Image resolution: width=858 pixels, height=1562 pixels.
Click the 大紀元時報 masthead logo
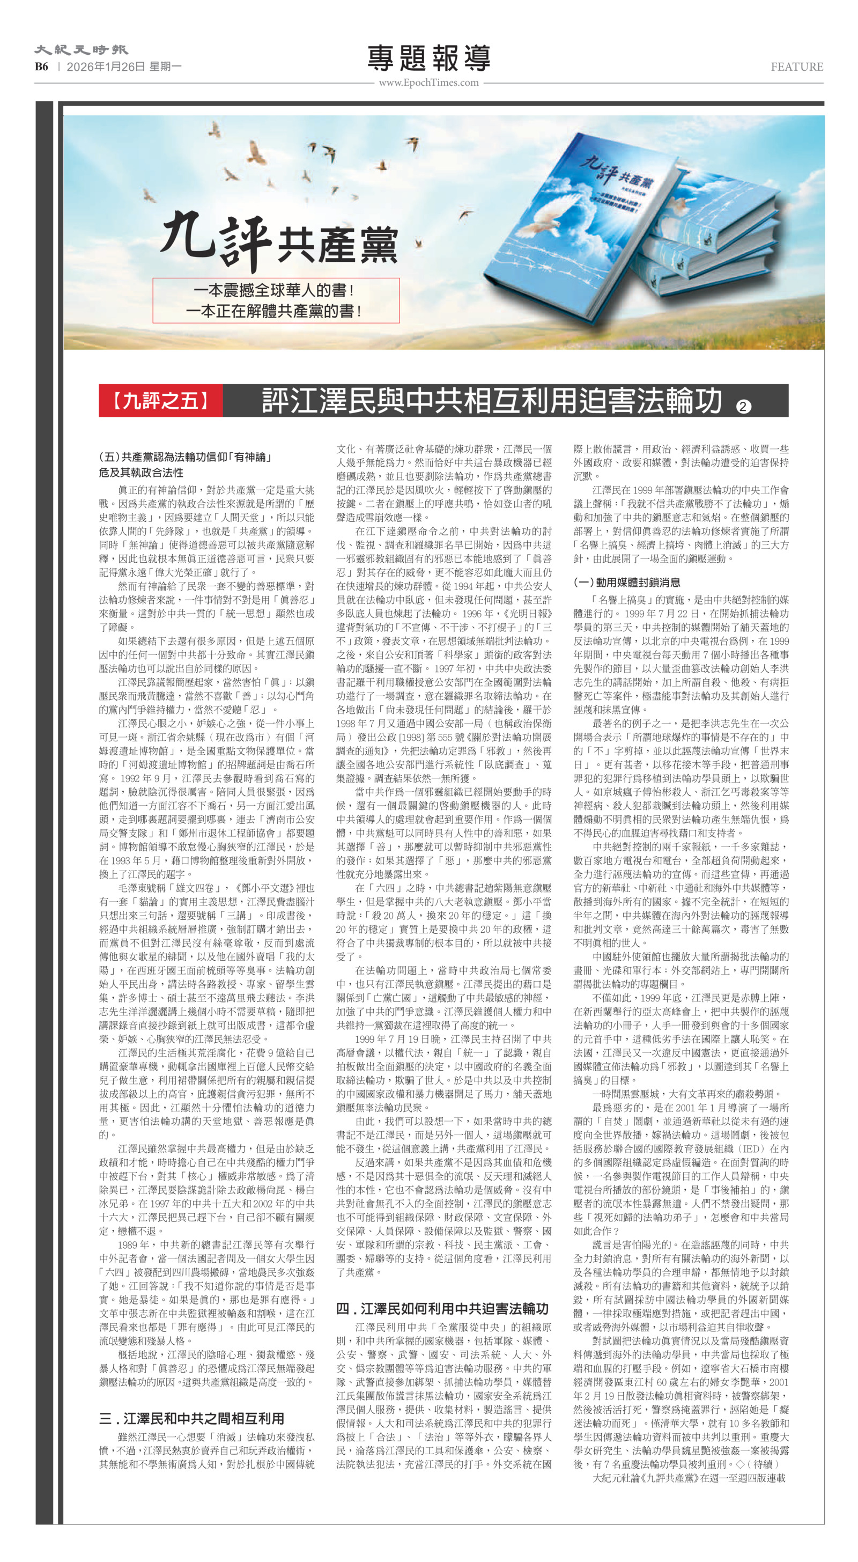pos(80,49)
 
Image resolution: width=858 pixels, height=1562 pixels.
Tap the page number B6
pos(41,67)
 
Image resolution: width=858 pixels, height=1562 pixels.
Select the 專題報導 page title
pos(428,58)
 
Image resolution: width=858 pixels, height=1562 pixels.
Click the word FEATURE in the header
pos(796,67)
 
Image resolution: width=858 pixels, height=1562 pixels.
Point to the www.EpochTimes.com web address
pos(428,83)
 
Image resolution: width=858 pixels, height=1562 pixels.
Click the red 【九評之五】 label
pos(161,400)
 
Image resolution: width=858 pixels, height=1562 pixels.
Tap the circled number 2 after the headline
pos(743,406)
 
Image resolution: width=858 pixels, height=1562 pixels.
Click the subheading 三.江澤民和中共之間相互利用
pos(191,1418)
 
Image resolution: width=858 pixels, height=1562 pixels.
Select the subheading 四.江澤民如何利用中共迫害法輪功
pos(442,1308)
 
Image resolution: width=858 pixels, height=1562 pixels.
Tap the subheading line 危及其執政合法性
pos(140,473)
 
